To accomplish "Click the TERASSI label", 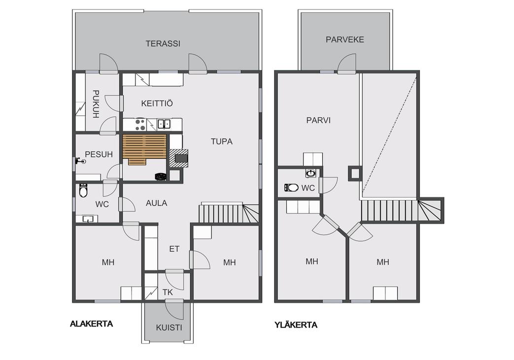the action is click(x=163, y=44).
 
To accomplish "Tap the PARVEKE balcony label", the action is click(x=345, y=40).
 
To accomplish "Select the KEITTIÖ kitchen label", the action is click(x=157, y=104).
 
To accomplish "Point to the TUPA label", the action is click(x=222, y=142).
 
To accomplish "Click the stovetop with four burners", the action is click(x=140, y=124).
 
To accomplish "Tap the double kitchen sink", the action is click(x=164, y=124).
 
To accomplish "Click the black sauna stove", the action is click(x=160, y=176).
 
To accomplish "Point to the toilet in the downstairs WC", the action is click(x=83, y=190).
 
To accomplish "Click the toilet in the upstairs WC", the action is click(x=291, y=188).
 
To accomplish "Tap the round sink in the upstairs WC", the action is click(x=311, y=173).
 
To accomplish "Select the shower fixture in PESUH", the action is click(x=80, y=161).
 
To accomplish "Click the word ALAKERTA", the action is click(x=92, y=324).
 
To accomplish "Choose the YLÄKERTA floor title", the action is click(x=296, y=325).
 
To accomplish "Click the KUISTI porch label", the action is click(x=169, y=327).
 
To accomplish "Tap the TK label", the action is click(x=168, y=292).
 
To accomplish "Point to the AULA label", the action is click(x=156, y=203).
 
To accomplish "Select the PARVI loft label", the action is click(x=318, y=120).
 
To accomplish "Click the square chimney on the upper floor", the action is click(x=355, y=174).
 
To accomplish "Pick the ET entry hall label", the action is click(x=174, y=249).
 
